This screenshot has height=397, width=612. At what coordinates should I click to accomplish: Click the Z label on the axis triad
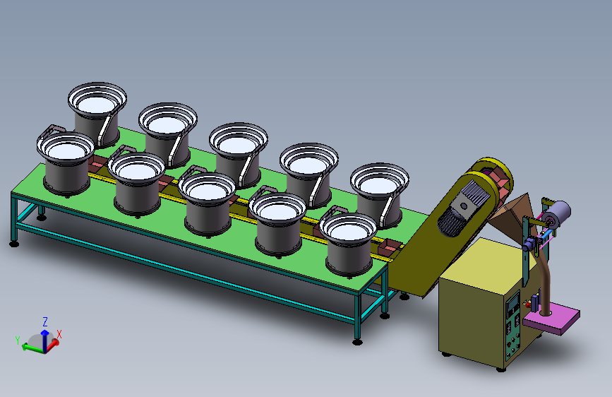(x=45, y=322)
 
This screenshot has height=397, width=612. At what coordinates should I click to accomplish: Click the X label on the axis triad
(x=59, y=334)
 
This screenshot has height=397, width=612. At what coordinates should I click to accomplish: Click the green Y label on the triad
(x=17, y=340)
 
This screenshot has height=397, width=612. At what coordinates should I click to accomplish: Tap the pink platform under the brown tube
(x=551, y=319)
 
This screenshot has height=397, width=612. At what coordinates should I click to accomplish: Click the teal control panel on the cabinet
(x=513, y=326)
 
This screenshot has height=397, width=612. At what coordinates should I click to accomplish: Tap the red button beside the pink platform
(x=528, y=304)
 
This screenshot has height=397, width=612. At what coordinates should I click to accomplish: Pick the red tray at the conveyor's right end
(x=390, y=246)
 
